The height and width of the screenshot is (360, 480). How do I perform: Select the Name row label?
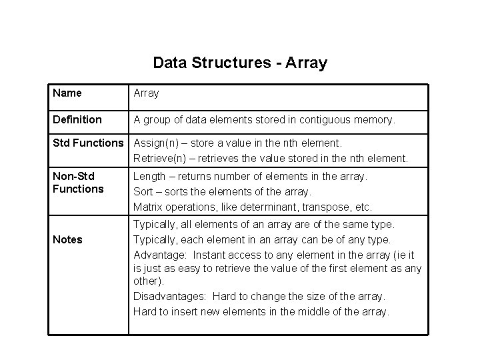67,93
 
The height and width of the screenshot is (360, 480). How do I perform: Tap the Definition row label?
77,120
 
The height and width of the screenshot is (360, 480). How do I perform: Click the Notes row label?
67,239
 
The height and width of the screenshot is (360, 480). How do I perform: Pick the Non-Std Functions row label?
78,182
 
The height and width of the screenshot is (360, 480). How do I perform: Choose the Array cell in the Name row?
146,93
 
